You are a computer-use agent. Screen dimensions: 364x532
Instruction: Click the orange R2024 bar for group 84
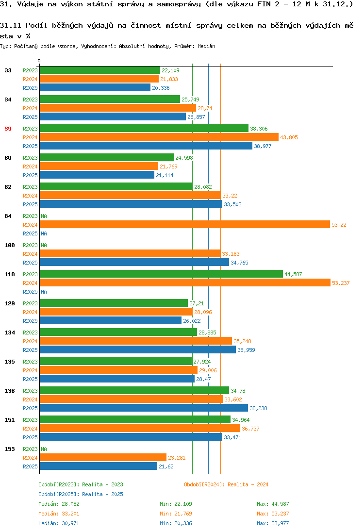click(185, 225)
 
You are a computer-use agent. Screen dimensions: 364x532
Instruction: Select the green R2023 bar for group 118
click(161, 274)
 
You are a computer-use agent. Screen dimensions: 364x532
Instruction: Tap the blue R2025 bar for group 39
click(146, 146)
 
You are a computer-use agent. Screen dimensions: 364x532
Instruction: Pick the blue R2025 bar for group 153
click(99, 466)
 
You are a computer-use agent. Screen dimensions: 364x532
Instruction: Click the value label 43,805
click(289, 137)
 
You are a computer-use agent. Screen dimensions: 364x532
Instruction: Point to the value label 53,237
click(341, 283)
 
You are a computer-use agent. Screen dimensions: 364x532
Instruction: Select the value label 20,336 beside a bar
click(161, 88)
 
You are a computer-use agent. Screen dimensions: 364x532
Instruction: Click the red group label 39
click(8, 129)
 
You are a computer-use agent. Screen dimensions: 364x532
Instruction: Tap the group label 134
click(10, 332)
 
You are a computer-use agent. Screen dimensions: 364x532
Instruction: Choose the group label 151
click(10, 420)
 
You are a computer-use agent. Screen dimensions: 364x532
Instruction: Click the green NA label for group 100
click(44, 245)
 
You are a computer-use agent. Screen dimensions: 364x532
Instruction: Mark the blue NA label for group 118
click(44, 292)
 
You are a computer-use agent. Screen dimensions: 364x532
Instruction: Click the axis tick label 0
click(39, 61)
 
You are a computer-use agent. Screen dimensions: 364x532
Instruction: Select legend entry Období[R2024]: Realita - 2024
click(226, 484)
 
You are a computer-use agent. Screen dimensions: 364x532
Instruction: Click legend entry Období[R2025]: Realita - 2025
click(81, 494)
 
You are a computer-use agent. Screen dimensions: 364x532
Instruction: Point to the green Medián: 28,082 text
click(59, 504)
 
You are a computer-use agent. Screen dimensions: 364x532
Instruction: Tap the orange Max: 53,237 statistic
click(273, 514)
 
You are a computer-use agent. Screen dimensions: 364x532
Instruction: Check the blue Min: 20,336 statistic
click(176, 523)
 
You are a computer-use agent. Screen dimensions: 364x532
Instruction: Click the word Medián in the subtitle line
click(206, 46)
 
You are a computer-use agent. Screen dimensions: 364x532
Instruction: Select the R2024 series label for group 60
click(30, 166)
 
